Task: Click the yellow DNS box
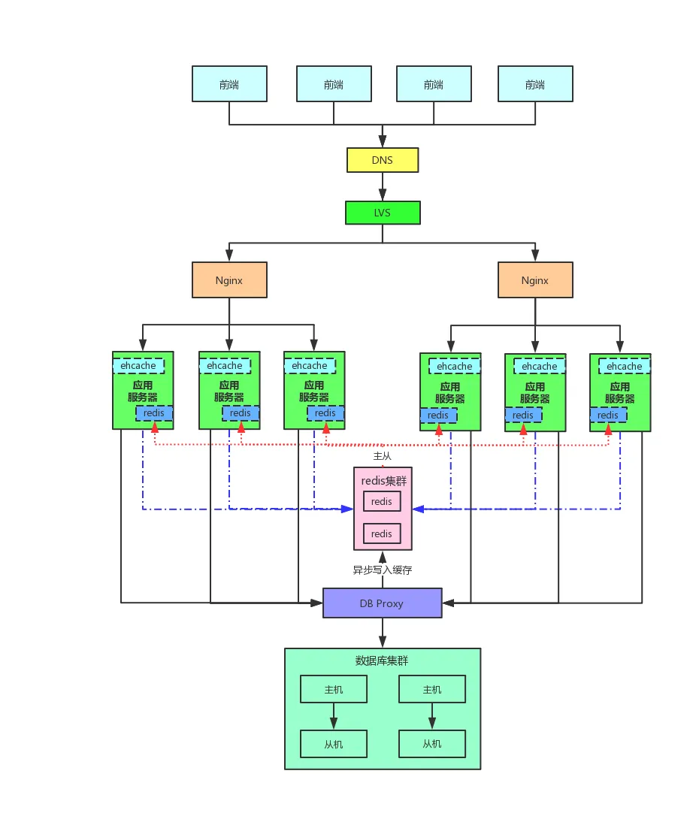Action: tap(382, 160)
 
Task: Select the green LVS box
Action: tap(383, 213)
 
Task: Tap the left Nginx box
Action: tap(229, 280)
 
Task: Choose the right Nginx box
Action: tap(535, 280)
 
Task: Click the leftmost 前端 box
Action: tap(229, 84)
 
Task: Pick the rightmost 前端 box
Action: tap(535, 84)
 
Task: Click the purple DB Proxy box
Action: tap(382, 603)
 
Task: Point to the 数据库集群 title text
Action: tap(382, 661)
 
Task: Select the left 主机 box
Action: tap(334, 689)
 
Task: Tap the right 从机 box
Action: tap(432, 744)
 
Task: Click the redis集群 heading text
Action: tap(383, 481)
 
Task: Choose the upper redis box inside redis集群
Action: tap(382, 501)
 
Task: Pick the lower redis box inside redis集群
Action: tap(382, 533)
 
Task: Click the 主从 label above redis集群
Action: tap(383, 456)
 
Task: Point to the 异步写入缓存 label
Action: tap(383, 570)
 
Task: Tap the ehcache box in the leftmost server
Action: tap(139, 366)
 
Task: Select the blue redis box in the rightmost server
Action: tap(608, 415)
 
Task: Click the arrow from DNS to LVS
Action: tap(383, 186)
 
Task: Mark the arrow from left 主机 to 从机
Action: tap(334, 716)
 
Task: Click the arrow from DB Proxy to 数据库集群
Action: tap(383, 633)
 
